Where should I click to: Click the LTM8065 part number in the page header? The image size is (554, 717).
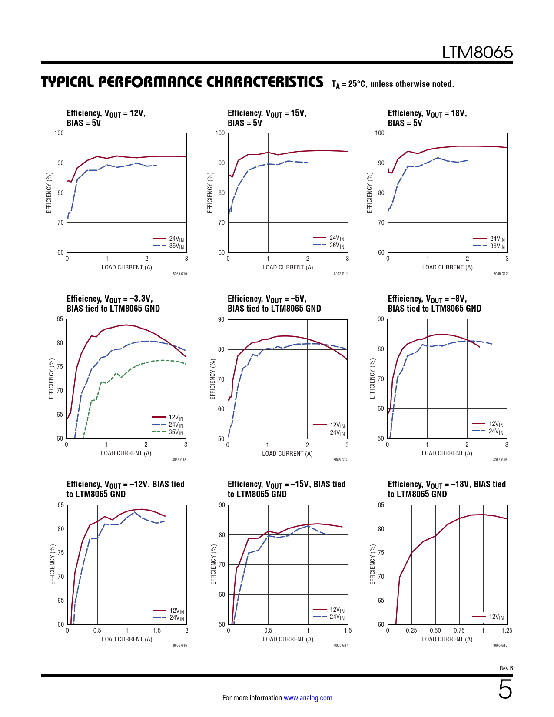(477, 53)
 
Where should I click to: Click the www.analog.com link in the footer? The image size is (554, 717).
(308, 698)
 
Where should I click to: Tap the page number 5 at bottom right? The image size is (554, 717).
(505, 690)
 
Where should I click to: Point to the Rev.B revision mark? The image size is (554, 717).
(506, 668)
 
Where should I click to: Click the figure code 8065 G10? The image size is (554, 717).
(179, 274)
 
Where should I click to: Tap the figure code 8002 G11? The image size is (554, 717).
(340, 274)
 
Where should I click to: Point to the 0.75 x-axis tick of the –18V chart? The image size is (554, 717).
(459, 631)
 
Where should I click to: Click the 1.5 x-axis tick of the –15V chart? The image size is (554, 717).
(348, 631)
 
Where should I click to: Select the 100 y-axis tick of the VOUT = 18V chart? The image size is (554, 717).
(380, 133)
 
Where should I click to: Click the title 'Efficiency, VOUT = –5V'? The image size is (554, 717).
(267, 299)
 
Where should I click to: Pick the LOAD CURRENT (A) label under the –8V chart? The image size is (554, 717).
(447, 453)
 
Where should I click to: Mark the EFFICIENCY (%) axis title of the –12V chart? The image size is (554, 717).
(53, 564)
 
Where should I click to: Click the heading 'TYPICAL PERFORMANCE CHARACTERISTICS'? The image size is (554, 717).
(182, 82)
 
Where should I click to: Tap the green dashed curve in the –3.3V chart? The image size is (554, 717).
(130, 368)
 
